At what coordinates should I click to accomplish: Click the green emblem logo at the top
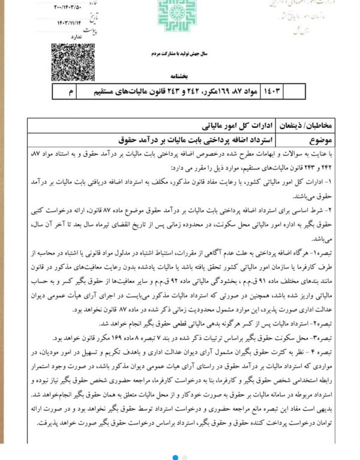click(178, 14)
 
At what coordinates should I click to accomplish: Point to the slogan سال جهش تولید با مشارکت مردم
click(178, 53)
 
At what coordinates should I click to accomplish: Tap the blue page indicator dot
click(175, 457)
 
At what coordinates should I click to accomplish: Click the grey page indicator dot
click(184, 457)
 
